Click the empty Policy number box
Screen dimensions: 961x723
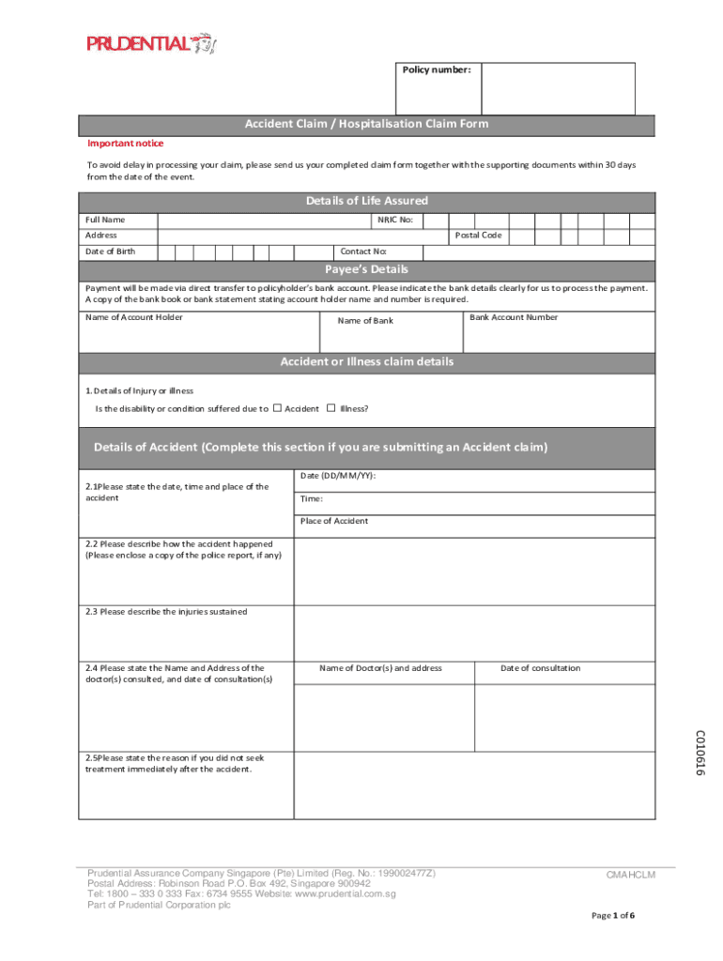558,89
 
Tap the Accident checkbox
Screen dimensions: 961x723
278,408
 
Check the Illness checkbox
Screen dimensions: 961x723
331,408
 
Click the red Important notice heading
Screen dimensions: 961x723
125,144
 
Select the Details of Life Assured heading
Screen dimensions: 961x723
366,201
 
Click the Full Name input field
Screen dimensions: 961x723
263,220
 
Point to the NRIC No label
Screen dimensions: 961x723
395,220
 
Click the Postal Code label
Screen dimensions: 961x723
479,236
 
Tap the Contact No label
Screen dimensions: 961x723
363,252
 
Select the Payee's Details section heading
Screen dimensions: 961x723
366,269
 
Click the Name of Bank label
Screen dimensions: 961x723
365,321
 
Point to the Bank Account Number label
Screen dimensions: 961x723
513,317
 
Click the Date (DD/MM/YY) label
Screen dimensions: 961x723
338,476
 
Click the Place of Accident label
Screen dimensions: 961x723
334,521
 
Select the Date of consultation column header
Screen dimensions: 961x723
540,668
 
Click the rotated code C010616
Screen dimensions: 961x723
700,753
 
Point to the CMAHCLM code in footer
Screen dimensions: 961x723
630,876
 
